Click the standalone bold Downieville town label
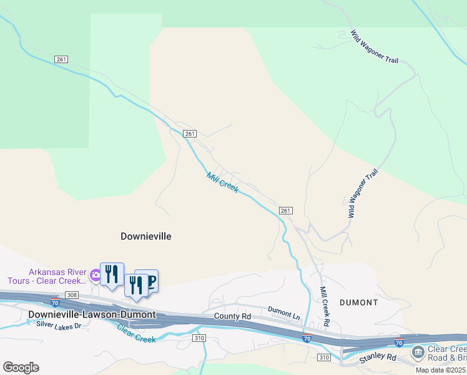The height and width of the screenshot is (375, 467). click(x=145, y=236)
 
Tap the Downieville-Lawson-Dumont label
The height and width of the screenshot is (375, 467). click(x=92, y=314)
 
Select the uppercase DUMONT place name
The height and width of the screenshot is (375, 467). click(x=359, y=302)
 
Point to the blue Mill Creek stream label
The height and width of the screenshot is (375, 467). click(x=222, y=182)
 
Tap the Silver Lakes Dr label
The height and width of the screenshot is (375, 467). click(x=59, y=325)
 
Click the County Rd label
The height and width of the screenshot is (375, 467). click(x=232, y=317)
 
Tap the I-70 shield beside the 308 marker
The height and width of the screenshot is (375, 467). click(x=55, y=302)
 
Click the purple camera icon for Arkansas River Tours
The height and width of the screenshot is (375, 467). click(x=95, y=274)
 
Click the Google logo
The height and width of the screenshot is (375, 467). click(x=21, y=367)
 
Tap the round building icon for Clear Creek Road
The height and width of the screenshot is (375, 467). click(x=418, y=353)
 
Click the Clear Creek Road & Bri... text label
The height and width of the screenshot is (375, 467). click(x=447, y=354)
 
